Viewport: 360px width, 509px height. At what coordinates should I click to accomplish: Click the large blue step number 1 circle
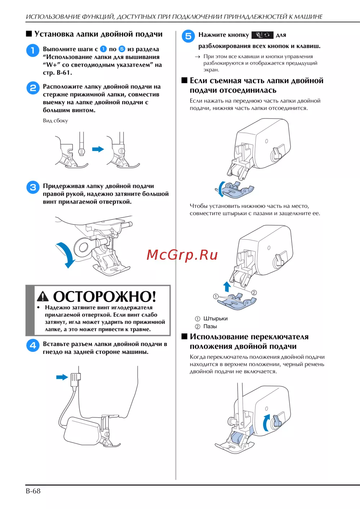(33, 50)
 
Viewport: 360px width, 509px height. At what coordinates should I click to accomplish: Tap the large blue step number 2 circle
(33, 88)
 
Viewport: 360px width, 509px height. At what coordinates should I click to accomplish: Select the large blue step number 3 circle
(33, 187)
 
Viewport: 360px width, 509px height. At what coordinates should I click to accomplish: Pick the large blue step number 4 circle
(33, 346)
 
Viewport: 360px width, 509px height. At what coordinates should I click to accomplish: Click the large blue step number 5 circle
(188, 36)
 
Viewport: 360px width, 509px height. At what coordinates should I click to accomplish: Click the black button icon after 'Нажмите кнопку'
(262, 35)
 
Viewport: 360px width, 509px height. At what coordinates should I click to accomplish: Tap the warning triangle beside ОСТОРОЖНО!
(43, 296)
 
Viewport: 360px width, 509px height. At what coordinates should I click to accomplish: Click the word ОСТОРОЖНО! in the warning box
(105, 296)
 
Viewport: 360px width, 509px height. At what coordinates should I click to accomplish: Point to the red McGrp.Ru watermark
(182, 255)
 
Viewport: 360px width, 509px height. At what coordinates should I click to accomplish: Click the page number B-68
(33, 491)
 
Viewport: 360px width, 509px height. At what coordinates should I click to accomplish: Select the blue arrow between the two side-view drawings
(98, 149)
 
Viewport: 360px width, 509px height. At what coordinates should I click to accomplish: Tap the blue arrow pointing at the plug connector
(62, 377)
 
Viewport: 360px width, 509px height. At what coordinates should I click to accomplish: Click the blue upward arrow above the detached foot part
(227, 287)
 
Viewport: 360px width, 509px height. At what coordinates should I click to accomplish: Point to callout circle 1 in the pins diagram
(216, 296)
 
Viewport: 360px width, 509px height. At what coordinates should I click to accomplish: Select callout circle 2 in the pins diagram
(254, 292)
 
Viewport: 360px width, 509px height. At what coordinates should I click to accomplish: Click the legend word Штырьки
(215, 319)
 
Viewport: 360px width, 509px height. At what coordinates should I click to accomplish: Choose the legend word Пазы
(210, 326)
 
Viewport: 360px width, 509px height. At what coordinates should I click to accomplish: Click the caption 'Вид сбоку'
(55, 121)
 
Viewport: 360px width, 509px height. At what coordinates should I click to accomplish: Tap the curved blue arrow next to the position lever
(266, 422)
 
